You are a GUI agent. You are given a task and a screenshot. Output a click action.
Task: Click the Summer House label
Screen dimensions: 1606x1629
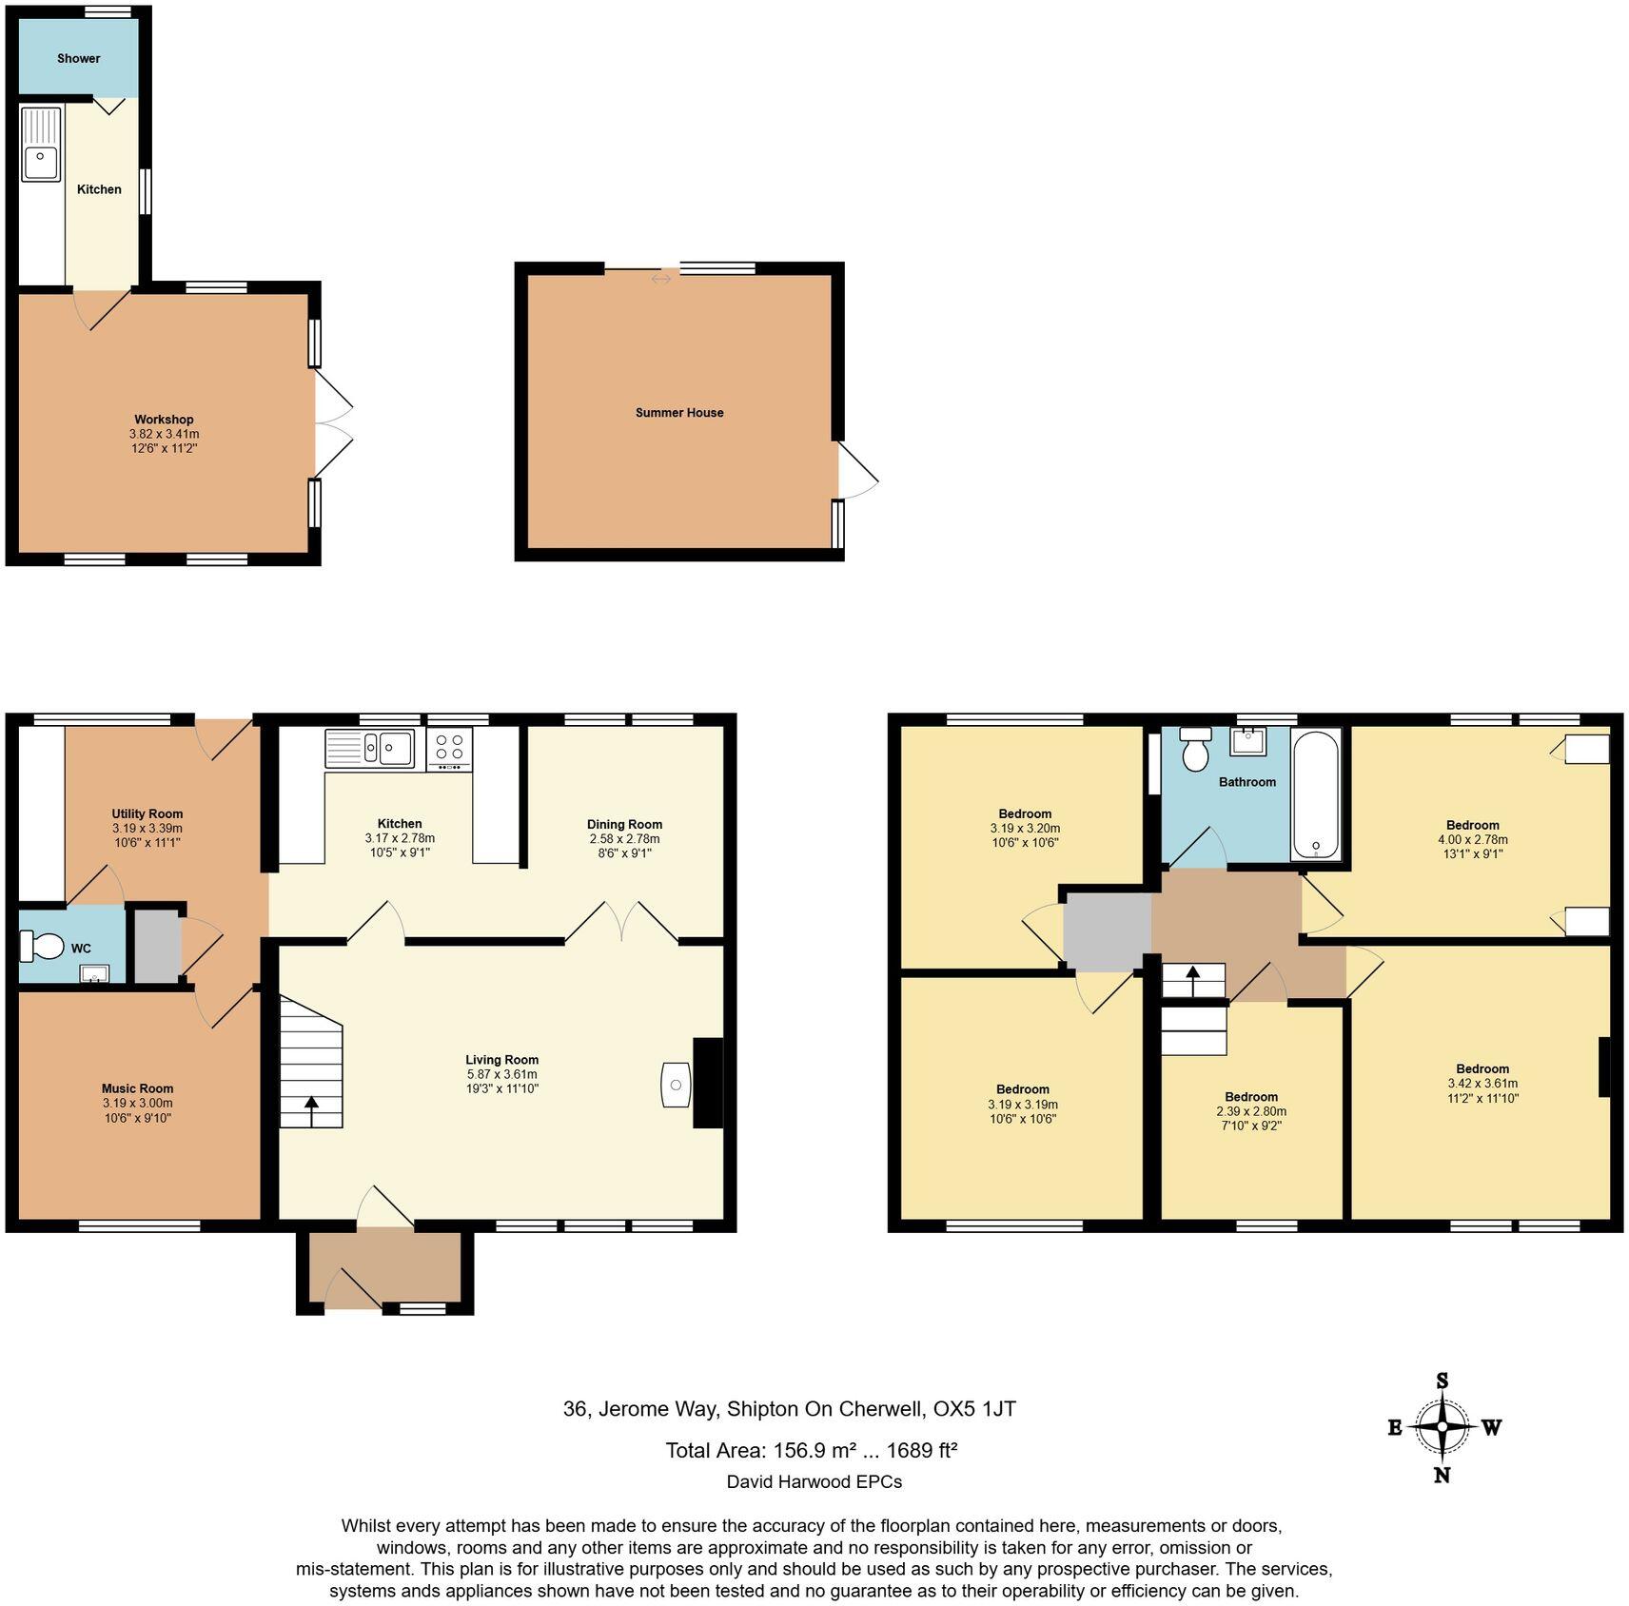pos(679,412)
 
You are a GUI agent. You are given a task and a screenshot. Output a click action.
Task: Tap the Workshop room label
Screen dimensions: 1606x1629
pos(164,420)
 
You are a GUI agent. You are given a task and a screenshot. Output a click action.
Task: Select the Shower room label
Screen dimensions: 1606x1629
pos(78,58)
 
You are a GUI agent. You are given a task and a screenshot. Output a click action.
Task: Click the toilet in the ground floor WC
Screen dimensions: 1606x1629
pos(42,945)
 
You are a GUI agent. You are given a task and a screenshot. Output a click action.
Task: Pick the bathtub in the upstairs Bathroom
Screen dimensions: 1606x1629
pos(1316,795)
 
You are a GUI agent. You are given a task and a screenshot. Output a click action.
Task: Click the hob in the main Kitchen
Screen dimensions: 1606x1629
pos(449,748)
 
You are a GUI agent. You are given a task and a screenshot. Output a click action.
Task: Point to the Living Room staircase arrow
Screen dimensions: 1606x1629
pos(311,1107)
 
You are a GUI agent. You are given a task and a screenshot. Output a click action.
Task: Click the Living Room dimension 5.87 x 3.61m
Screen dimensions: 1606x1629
pos(501,1074)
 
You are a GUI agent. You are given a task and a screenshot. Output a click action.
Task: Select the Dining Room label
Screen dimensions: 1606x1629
pos(624,824)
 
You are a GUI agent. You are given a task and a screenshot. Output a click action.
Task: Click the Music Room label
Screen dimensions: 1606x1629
pos(138,1088)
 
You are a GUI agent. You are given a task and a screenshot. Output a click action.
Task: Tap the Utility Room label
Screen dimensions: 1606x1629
pos(147,813)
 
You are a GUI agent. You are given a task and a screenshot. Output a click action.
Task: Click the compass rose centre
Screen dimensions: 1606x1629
pos(1443,1426)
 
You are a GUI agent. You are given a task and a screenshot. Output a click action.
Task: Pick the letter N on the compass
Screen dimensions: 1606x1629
pos(1443,1475)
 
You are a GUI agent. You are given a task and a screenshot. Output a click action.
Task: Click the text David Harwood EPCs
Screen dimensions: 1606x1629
pos(814,1481)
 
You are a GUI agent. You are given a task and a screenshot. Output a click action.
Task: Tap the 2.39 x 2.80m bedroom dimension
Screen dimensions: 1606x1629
pos(1251,1111)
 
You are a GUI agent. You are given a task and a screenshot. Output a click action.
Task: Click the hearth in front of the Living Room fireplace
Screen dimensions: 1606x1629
pos(676,1085)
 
